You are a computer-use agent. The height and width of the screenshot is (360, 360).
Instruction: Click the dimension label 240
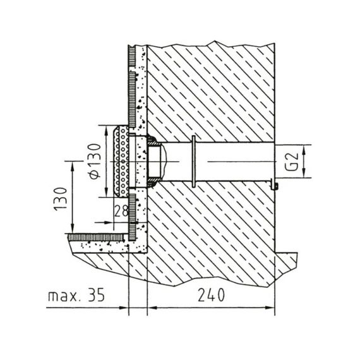pyautogui.click(x=211, y=295)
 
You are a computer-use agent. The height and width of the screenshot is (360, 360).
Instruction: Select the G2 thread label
pyautogui.click(x=292, y=162)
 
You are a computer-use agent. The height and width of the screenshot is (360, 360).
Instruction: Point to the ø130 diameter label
pyautogui.click(x=95, y=161)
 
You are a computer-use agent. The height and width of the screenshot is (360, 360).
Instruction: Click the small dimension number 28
pyautogui.click(x=121, y=211)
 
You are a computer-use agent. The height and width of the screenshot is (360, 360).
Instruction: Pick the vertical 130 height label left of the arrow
pyautogui.click(x=60, y=200)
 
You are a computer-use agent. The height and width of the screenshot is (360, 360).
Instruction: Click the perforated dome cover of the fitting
pyautogui.click(x=121, y=162)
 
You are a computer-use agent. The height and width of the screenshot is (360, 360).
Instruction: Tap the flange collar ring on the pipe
pyautogui.click(x=193, y=161)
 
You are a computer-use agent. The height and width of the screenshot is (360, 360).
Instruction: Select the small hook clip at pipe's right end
pyautogui.click(x=274, y=185)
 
